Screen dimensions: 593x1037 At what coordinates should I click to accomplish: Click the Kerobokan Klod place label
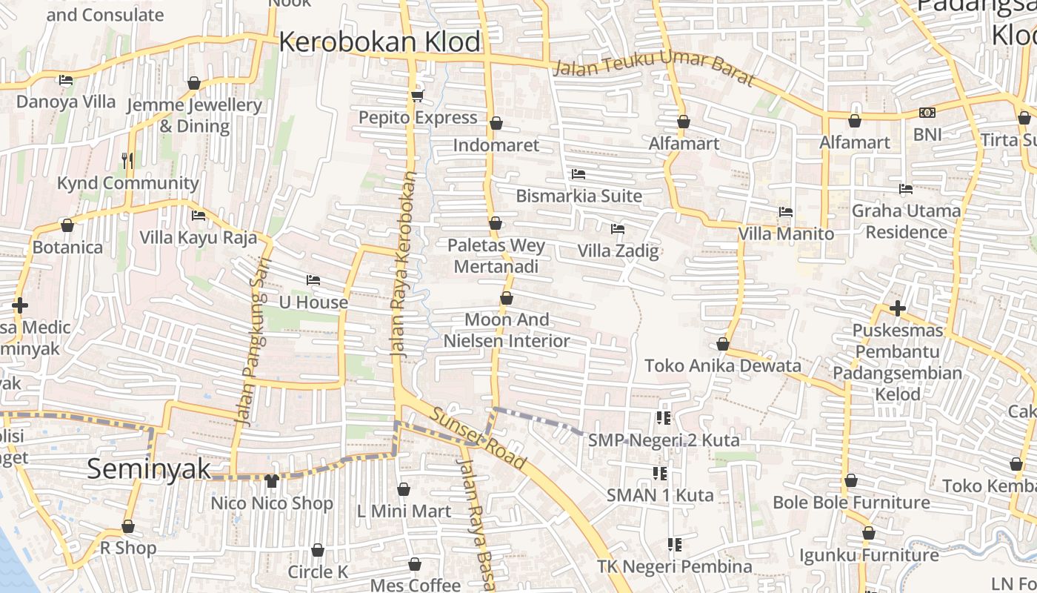(x=380, y=42)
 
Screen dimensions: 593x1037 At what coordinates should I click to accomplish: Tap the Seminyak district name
(x=149, y=469)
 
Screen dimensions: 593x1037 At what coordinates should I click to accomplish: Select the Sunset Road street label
(x=479, y=439)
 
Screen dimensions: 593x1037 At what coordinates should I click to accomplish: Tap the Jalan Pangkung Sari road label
(x=252, y=341)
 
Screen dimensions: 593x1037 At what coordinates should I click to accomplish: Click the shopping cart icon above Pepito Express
(x=417, y=96)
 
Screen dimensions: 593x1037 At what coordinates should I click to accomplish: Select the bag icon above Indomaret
(x=496, y=123)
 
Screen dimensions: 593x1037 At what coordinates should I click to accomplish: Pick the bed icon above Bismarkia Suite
(x=578, y=174)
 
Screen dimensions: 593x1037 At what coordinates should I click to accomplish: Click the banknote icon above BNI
(x=927, y=113)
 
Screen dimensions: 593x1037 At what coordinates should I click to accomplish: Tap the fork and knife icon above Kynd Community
(x=127, y=160)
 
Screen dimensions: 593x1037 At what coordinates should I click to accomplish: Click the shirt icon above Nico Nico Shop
(x=271, y=481)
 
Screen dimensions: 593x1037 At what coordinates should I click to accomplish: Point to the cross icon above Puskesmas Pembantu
(x=898, y=308)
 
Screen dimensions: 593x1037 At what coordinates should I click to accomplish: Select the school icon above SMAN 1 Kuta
(x=660, y=473)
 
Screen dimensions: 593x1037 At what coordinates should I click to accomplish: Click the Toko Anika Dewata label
(x=723, y=366)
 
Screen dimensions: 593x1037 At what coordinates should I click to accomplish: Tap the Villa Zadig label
(x=618, y=251)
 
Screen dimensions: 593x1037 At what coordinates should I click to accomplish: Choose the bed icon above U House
(x=313, y=280)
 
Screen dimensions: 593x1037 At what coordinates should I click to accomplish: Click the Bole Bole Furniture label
(x=851, y=503)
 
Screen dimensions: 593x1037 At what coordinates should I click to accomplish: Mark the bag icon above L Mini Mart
(x=404, y=489)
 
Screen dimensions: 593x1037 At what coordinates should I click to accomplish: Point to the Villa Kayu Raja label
(x=199, y=238)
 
